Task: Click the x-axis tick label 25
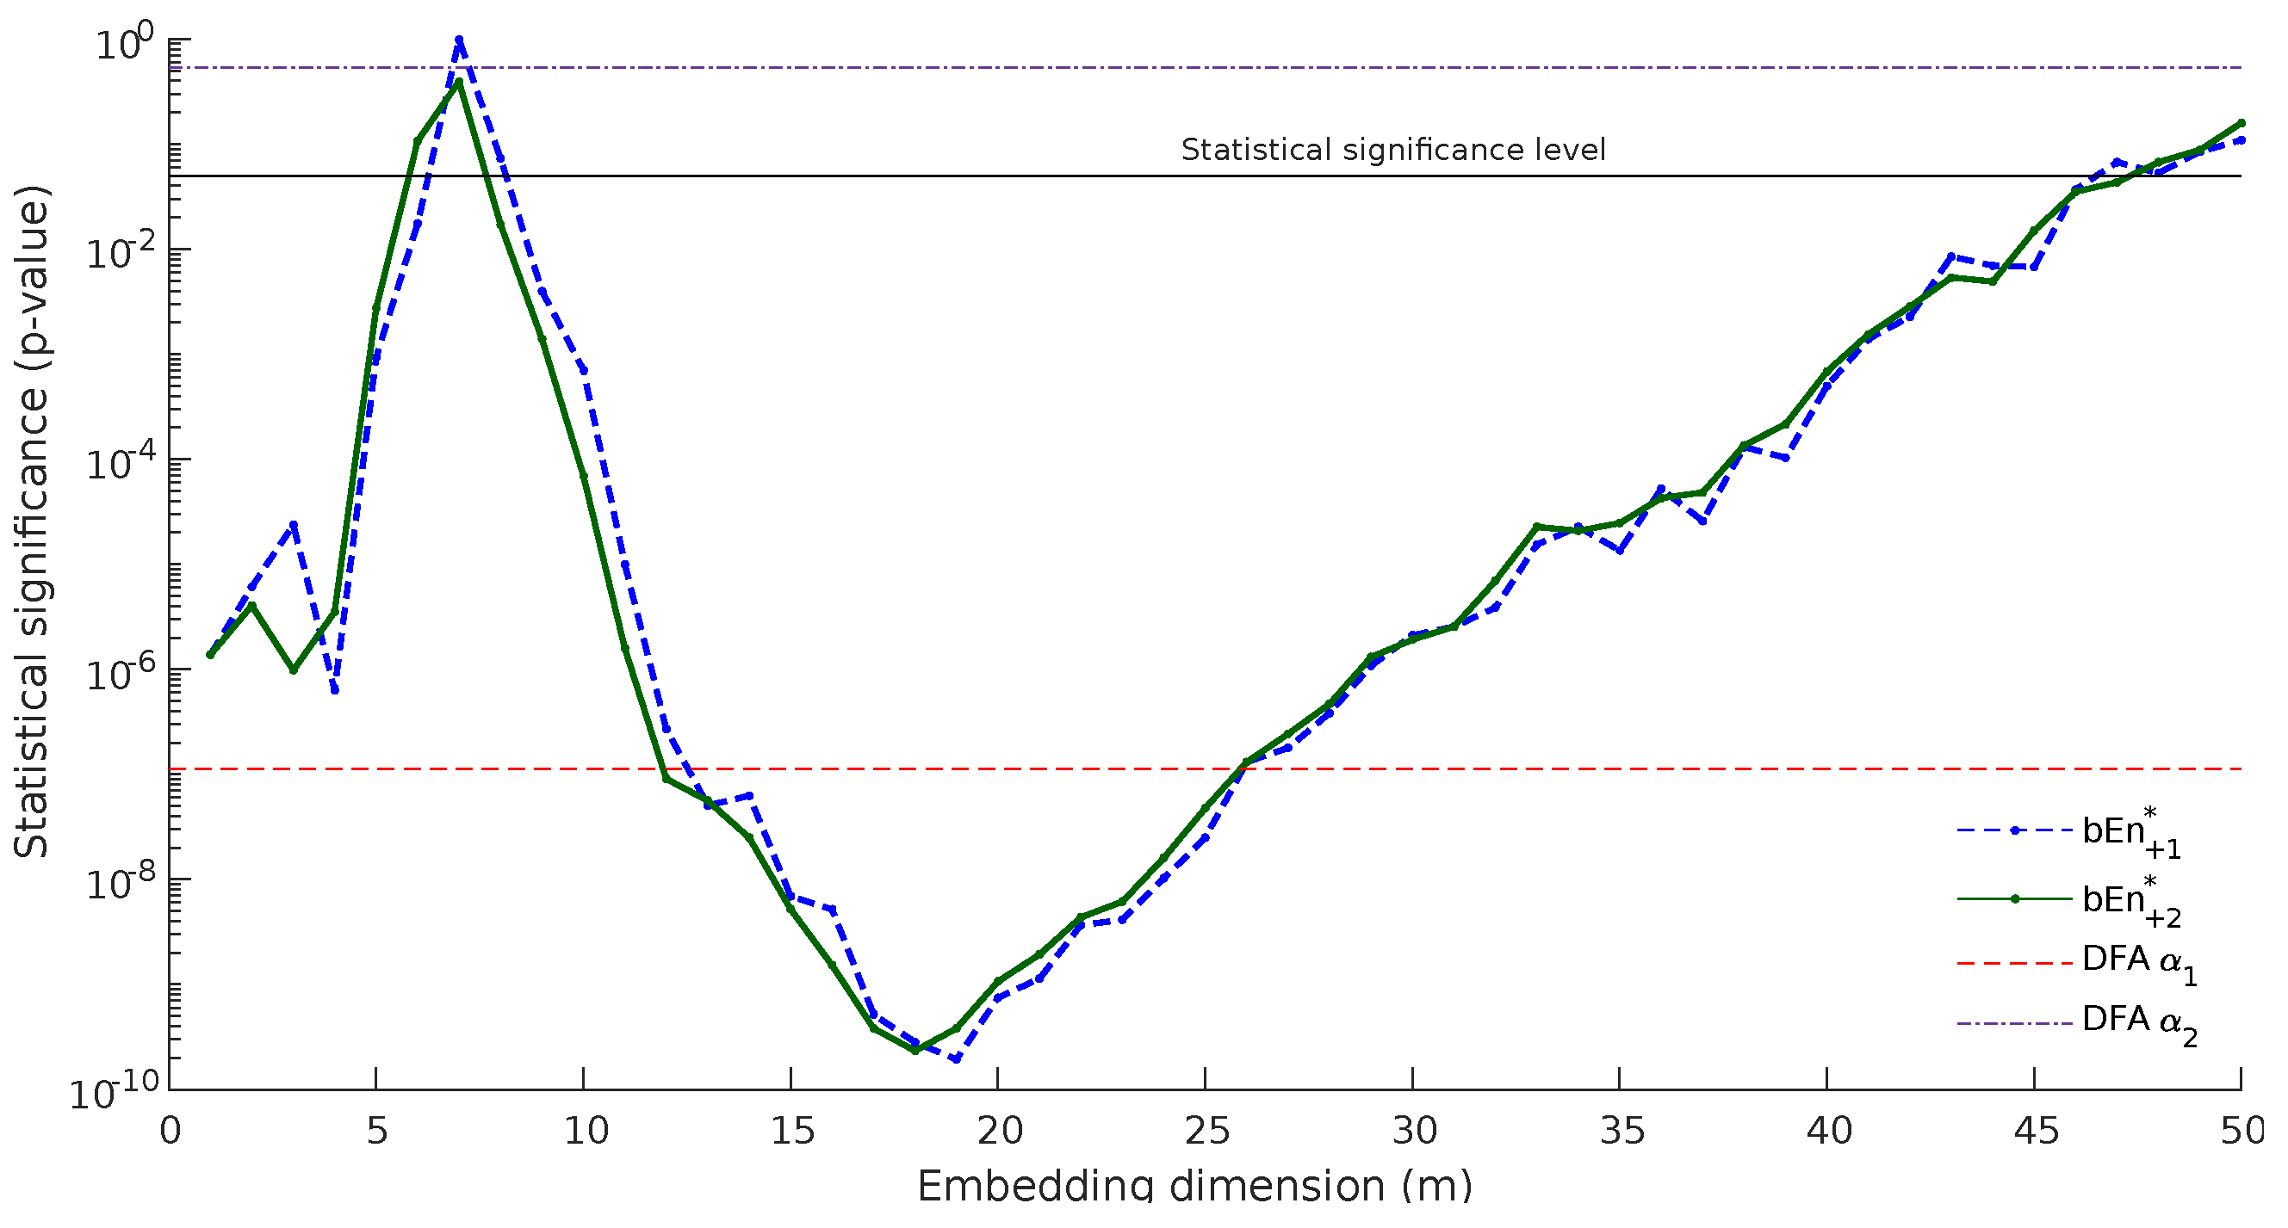(x=1206, y=1131)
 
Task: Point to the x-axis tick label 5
(x=376, y=1131)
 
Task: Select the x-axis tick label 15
(x=791, y=1131)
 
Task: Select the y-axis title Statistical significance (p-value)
(x=32, y=522)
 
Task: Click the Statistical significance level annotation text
(x=1392, y=150)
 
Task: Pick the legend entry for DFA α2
(x=2139, y=1023)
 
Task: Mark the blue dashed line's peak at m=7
(x=459, y=40)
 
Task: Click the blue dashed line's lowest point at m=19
(x=957, y=1059)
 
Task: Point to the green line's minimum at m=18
(x=915, y=1051)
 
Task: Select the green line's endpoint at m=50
(x=2241, y=123)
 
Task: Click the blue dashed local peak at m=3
(x=293, y=525)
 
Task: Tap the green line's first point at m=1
(x=210, y=655)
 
